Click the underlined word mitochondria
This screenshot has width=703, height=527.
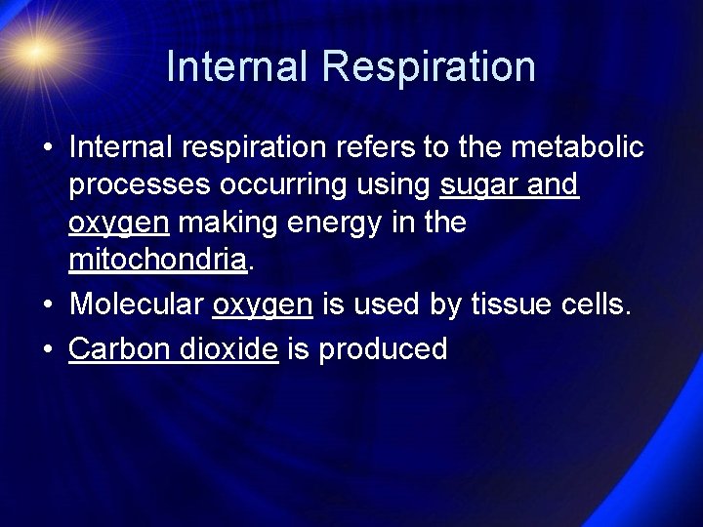point(158,261)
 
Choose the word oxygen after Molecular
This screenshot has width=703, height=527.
point(263,304)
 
